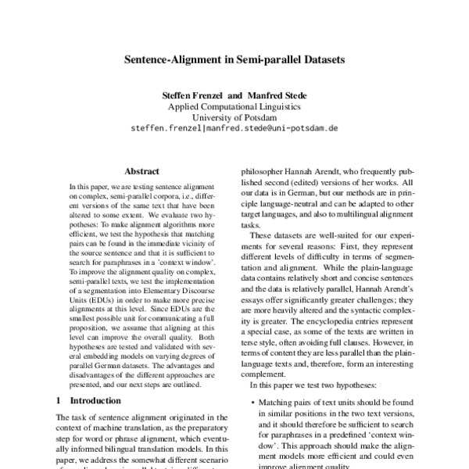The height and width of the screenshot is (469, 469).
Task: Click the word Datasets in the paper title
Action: tap(317, 58)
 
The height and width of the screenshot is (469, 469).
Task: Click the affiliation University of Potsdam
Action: tap(234, 116)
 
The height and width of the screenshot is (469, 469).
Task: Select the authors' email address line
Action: tap(234, 128)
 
